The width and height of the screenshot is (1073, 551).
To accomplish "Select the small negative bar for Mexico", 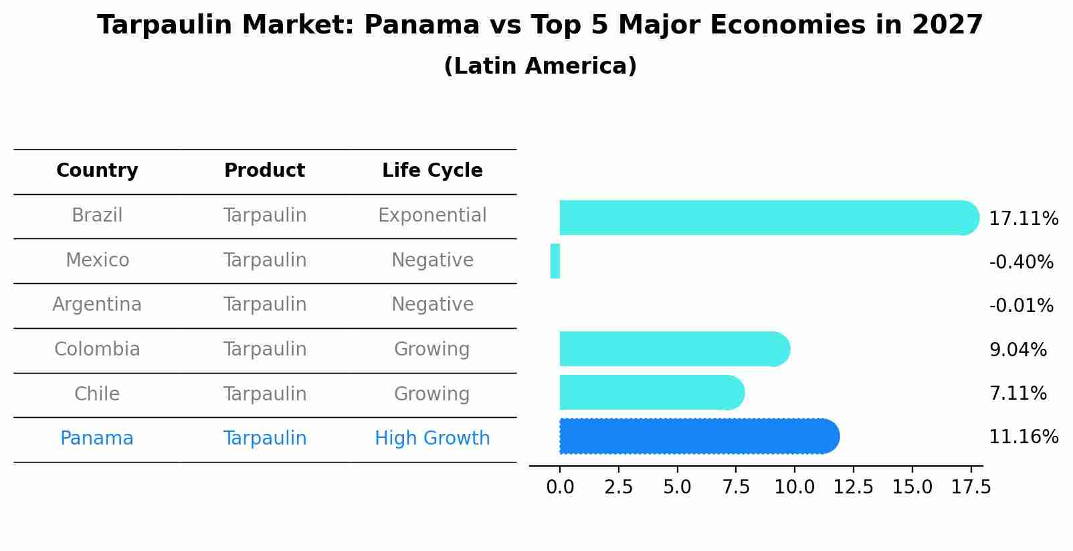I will (x=555, y=261).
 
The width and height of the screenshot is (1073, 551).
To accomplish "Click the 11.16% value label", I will (x=1023, y=437).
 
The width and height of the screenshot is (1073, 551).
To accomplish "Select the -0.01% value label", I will (x=1021, y=306).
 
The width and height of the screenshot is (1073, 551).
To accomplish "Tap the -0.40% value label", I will (x=1021, y=262).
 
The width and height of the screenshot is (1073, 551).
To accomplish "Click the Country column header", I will (x=97, y=171).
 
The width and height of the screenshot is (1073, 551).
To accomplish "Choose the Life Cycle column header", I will (x=432, y=171).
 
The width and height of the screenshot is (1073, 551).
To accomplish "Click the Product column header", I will (x=264, y=171).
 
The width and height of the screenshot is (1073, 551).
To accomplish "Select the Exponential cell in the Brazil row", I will (x=432, y=216).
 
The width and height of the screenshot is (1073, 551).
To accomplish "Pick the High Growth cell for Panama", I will (x=432, y=439).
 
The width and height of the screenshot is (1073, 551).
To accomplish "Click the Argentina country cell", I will (x=97, y=305).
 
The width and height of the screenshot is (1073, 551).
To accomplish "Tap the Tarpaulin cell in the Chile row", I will (x=264, y=394).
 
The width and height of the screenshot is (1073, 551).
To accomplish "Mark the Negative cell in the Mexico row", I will (x=432, y=260).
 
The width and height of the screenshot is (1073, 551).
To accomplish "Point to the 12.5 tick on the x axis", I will (x=853, y=487).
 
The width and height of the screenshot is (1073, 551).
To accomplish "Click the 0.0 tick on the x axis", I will (x=560, y=487).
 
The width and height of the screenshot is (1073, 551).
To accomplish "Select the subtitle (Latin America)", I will (x=540, y=66).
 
